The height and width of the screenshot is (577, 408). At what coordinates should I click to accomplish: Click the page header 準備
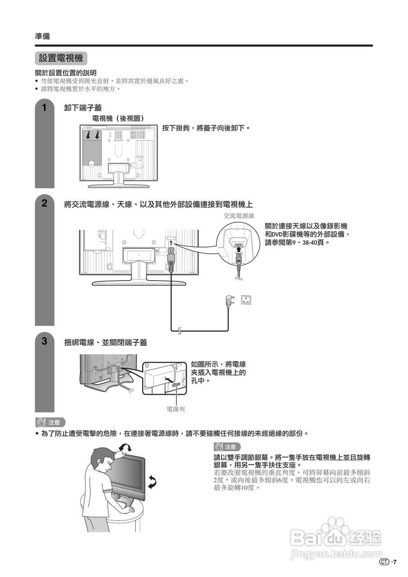click(42, 37)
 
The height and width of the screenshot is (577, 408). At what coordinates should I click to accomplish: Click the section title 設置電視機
click(61, 59)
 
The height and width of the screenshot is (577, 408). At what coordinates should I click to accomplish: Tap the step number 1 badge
click(44, 108)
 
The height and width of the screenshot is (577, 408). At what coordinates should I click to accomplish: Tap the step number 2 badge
click(44, 203)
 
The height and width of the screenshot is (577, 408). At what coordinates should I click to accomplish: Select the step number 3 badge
click(44, 341)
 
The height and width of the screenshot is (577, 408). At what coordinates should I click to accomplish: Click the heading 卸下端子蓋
click(83, 108)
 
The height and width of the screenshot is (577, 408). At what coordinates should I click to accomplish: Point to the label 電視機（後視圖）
click(118, 118)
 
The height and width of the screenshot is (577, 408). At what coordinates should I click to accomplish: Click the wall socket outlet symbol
click(246, 300)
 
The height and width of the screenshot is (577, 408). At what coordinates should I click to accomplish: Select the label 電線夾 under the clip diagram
click(176, 409)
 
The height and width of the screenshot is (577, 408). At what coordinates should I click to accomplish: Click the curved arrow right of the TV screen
click(152, 481)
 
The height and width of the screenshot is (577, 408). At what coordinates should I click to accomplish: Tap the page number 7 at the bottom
click(394, 562)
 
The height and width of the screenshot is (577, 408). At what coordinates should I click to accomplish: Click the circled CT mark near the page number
click(384, 562)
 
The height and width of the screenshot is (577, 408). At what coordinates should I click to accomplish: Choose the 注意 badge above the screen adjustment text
click(227, 447)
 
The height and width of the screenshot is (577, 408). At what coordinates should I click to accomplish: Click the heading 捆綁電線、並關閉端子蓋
click(105, 343)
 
